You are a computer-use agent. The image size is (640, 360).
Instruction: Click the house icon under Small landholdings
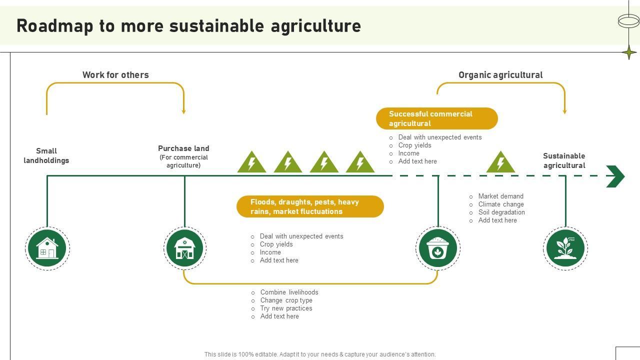[x=47, y=248]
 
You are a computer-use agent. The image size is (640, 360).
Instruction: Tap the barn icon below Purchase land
[x=184, y=248]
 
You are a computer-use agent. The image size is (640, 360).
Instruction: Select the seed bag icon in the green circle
[x=438, y=248]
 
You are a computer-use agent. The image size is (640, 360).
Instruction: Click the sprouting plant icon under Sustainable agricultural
[x=565, y=248]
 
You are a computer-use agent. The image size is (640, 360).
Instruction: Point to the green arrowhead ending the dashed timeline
[x=615, y=176]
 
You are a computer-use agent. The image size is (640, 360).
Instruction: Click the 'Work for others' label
[x=115, y=75]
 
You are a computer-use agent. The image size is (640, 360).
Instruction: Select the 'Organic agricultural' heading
[x=500, y=75]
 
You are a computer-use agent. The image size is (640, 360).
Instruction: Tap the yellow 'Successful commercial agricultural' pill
[x=436, y=118]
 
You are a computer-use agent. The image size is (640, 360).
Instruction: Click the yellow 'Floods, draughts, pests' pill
[x=310, y=206]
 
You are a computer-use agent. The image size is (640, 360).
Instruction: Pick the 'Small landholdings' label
[x=46, y=155]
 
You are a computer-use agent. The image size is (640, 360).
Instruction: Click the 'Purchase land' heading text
[x=183, y=148]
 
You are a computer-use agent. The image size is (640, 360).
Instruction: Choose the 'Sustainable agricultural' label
[x=564, y=160]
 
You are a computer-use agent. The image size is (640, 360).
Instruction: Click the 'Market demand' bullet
[x=500, y=196]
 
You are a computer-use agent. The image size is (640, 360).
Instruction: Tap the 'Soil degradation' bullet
[x=501, y=212]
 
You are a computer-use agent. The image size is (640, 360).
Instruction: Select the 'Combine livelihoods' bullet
[x=289, y=292]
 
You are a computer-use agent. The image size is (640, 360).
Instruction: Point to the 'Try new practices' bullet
[x=286, y=308]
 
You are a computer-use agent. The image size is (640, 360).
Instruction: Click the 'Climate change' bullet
[x=501, y=204]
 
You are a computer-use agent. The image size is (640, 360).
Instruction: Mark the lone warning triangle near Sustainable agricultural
[x=500, y=162]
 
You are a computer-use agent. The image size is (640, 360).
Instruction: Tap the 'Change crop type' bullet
[x=286, y=300]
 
